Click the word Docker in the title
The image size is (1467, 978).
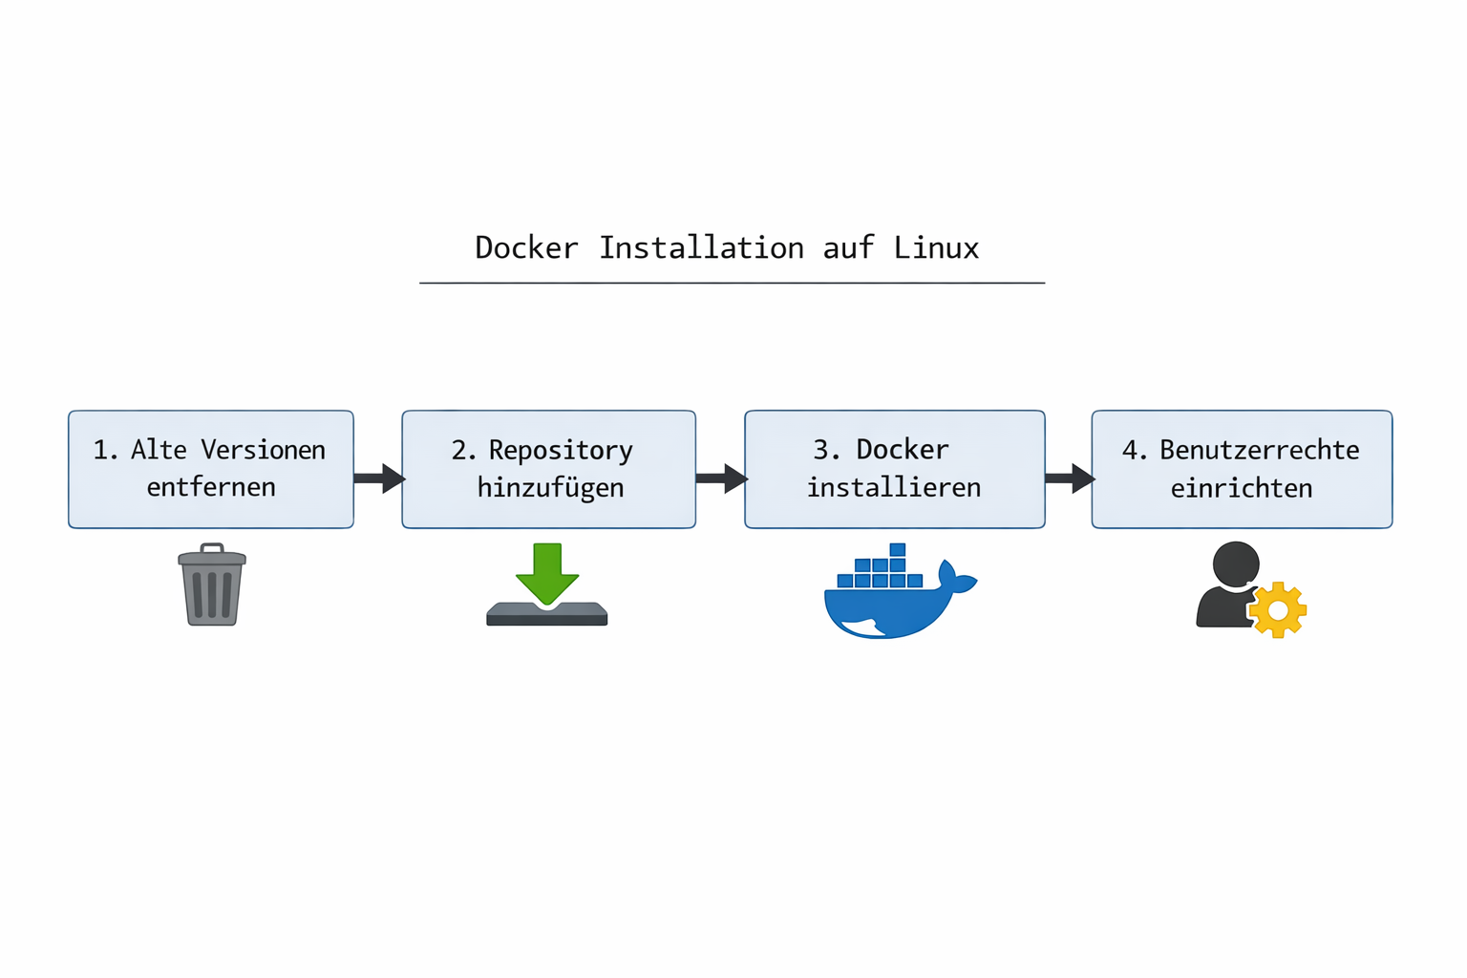coord(526,248)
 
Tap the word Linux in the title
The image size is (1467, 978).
coord(936,248)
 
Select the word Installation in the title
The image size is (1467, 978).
coord(701,248)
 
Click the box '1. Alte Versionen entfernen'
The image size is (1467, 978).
coord(211,469)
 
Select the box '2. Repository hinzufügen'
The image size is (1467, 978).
coord(548,469)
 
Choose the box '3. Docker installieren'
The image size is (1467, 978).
coord(894,469)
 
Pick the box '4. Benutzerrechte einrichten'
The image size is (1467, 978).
coord(1242,469)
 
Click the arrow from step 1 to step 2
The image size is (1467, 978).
coord(379,478)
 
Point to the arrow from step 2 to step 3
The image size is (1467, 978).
coord(721,478)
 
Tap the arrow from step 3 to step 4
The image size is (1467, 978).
coord(1069,478)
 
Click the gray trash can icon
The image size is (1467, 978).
coord(212,585)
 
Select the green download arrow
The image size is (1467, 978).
coord(547,572)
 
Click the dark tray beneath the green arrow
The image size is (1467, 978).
coord(547,616)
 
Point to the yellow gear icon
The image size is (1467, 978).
coord(1278,609)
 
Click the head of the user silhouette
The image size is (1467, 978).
coord(1236,564)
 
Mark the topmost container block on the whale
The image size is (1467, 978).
coord(897,550)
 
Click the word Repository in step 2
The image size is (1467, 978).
coord(561,450)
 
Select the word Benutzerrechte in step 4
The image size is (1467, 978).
coord(1259,450)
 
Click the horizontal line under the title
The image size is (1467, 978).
coord(732,283)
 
